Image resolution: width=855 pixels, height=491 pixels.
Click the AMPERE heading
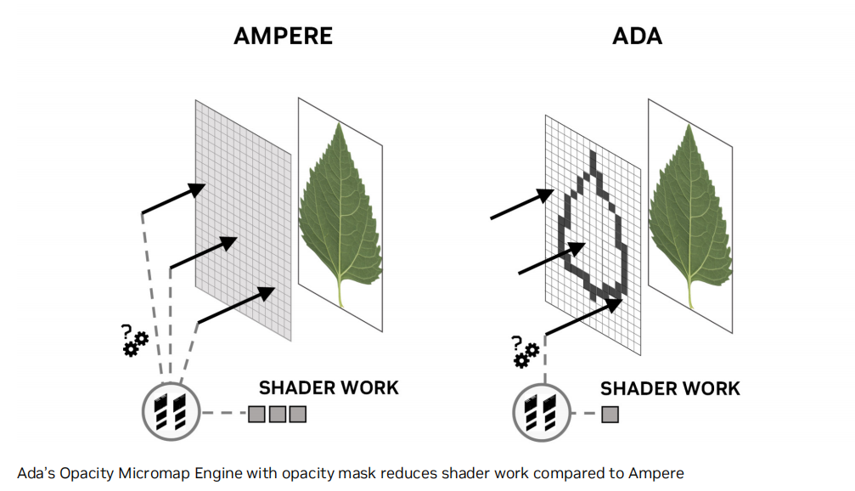[284, 37]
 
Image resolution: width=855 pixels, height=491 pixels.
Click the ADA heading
[637, 37]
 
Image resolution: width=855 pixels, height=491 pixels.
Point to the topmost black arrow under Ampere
[174, 197]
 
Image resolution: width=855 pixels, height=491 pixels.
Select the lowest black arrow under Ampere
[237, 305]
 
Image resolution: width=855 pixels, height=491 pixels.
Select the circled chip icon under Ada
[540, 413]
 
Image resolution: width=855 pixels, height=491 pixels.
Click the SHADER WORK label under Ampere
[329, 387]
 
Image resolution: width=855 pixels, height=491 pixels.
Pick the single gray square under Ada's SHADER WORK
[610, 415]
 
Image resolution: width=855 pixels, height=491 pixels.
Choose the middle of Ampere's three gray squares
[277, 415]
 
